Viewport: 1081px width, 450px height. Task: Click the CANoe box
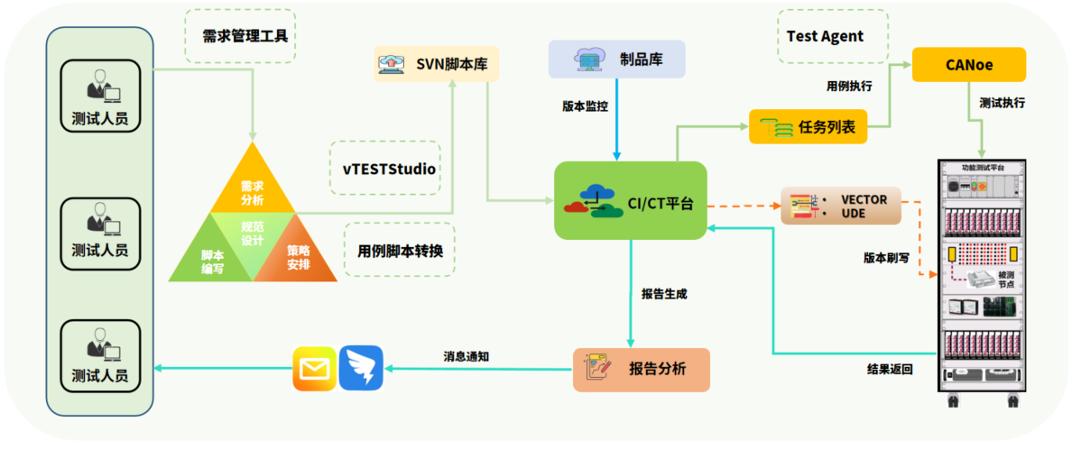(x=969, y=64)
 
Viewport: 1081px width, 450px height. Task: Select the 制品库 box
(x=616, y=60)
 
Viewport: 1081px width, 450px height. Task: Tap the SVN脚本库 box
(x=437, y=64)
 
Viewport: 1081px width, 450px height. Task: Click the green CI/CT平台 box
(x=630, y=200)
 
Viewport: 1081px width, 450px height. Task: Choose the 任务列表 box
(x=808, y=126)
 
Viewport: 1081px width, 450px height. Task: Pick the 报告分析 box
(x=641, y=369)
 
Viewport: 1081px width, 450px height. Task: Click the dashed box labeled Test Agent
(x=825, y=36)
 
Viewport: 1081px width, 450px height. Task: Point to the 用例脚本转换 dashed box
(x=400, y=250)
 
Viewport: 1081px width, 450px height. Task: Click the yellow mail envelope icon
(x=313, y=369)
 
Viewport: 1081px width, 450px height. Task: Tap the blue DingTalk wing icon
(x=361, y=369)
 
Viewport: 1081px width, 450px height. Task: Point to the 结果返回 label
(x=890, y=369)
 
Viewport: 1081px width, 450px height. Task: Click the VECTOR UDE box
(x=840, y=207)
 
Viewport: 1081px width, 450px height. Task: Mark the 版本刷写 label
(x=886, y=257)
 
